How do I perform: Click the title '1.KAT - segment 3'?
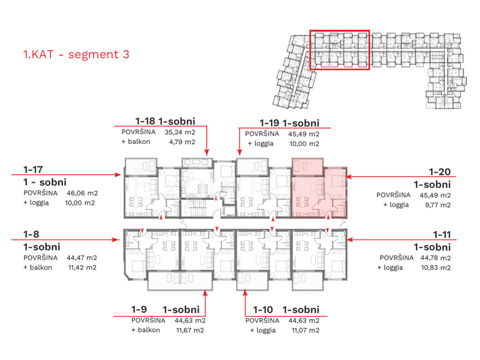(76, 54)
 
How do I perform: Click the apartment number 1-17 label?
(33, 169)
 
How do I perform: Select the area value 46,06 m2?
(82, 193)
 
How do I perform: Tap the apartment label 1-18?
(145, 121)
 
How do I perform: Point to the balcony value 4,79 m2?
(182, 142)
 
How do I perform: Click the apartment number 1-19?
(269, 123)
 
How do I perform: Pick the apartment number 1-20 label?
(440, 172)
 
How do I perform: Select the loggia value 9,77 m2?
(438, 205)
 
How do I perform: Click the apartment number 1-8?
(31, 234)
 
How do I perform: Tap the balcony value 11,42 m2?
(82, 267)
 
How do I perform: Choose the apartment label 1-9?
(139, 309)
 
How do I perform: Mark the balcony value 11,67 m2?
(190, 330)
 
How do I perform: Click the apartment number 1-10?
(263, 310)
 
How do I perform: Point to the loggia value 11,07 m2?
(305, 330)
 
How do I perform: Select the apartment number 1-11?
(442, 234)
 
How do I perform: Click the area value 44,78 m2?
(435, 258)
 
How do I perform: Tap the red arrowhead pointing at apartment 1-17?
(118, 175)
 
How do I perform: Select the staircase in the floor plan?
(195, 208)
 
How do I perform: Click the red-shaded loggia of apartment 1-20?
(308, 167)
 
